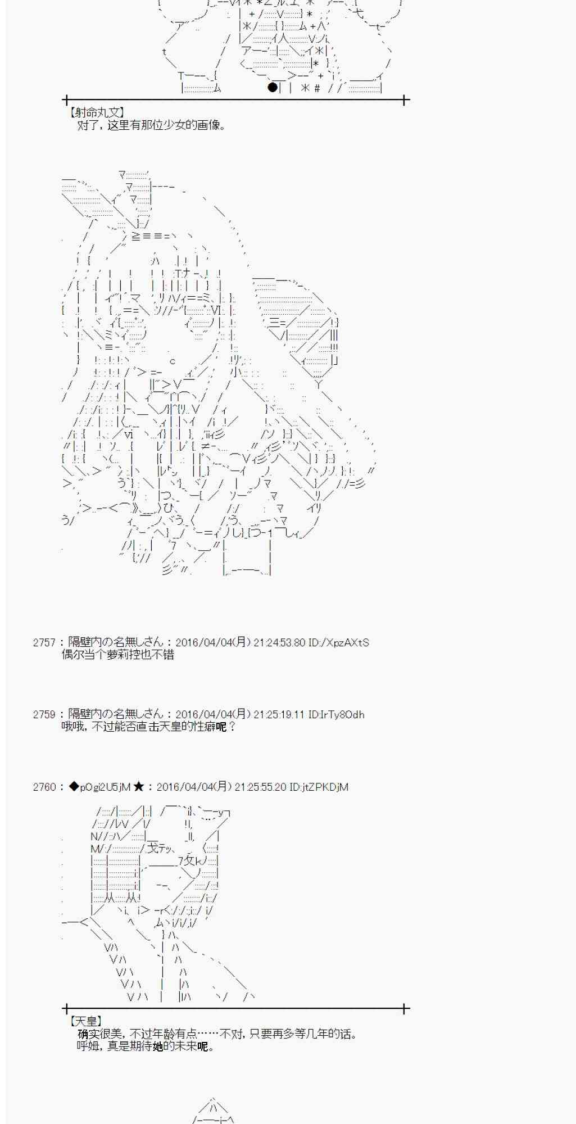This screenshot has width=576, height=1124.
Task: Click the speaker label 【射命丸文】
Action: (x=96, y=113)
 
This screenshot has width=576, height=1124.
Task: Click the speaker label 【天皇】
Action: (x=85, y=1021)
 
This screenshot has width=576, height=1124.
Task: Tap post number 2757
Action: (x=44, y=642)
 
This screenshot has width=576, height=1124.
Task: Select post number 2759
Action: (x=44, y=715)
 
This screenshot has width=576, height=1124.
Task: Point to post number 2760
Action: (x=44, y=787)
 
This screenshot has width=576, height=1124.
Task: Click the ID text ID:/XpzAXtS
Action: (x=339, y=642)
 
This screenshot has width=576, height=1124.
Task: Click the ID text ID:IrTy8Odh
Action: (x=336, y=715)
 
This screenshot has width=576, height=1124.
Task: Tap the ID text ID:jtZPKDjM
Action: (x=319, y=787)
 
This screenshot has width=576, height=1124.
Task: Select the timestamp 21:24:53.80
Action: (x=279, y=642)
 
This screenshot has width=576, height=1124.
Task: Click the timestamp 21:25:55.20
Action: (x=260, y=787)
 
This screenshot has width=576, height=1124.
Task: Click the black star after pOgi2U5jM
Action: (x=139, y=787)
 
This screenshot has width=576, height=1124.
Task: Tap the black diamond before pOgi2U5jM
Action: (x=74, y=787)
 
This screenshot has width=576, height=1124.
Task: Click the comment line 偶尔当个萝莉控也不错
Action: (x=117, y=655)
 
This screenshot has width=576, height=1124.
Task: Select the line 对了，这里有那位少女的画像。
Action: (x=152, y=125)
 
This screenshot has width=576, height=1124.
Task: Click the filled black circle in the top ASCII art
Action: (x=273, y=87)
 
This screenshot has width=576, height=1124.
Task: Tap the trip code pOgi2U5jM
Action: (x=105, y=787)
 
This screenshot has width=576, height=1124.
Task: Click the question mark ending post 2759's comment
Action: (x=232, y=727)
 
